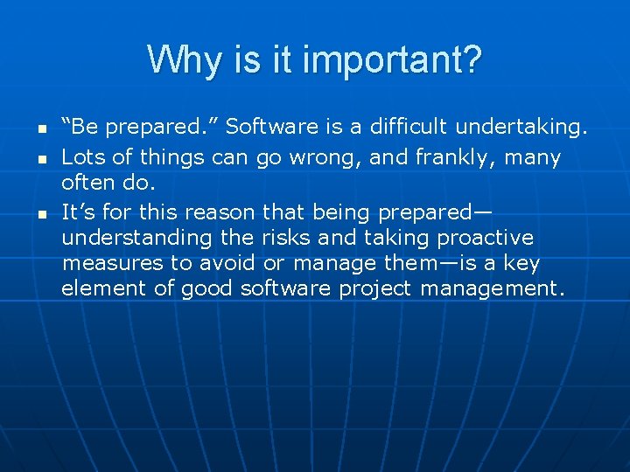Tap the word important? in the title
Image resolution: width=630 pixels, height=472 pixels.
pos(408,60)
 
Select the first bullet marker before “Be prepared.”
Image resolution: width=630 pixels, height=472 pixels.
pos(41,128)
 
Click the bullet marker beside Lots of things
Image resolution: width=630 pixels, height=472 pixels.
pos(41,159)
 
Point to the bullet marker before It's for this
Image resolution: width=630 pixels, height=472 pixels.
pos(41,212)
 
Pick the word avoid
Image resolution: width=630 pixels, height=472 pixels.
pos(228,263)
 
